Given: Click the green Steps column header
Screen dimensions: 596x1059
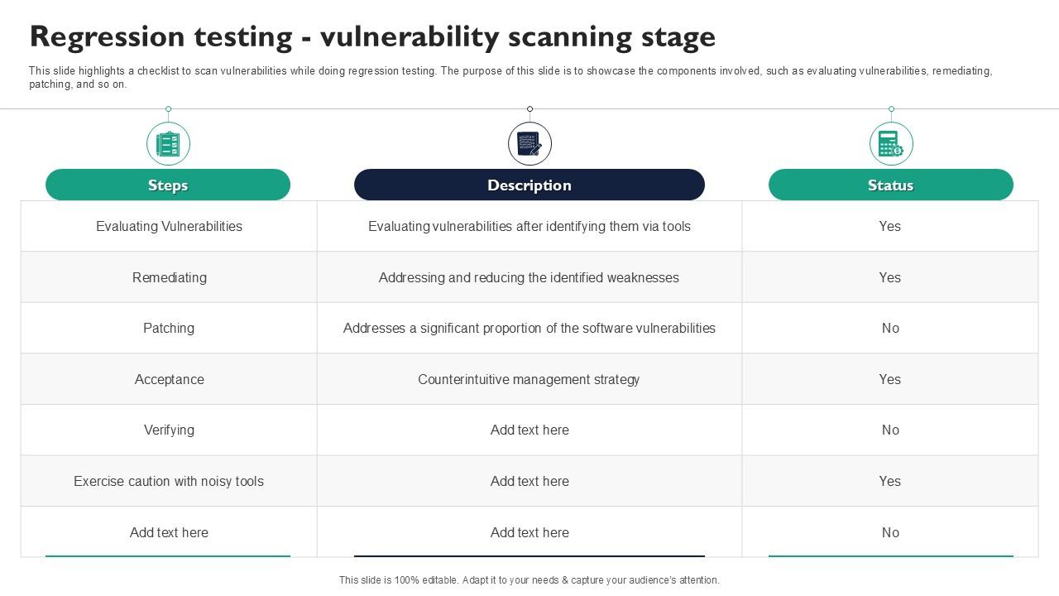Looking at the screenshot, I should coord(168,185).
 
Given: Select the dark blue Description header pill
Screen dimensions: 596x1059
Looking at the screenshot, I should coord(529,185).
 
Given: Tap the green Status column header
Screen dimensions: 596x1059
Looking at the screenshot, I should coord(890,185).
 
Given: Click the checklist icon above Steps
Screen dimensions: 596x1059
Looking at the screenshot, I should coord(168,144).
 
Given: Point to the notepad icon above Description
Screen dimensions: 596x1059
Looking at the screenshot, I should coord(529,144).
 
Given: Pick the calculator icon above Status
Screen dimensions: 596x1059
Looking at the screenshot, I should coord(890,144).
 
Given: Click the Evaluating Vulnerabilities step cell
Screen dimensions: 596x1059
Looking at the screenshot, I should coord(169,226).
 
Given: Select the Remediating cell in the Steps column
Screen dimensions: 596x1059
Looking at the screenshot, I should coord(169,277).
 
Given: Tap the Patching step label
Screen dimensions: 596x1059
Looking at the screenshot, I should coord(169,328).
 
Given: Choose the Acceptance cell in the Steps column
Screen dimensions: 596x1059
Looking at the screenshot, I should coord(169,379).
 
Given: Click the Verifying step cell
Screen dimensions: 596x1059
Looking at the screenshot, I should coord(169,430).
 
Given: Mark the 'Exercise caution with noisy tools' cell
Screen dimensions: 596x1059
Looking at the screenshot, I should coord(169,481).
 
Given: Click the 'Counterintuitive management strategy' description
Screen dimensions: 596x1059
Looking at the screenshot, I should coord(529,379).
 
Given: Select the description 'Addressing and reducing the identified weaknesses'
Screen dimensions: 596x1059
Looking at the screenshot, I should coord(529,277).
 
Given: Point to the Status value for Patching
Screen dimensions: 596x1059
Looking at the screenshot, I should coord(890,328).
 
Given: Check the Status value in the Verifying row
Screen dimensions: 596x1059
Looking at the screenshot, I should coord(890,430).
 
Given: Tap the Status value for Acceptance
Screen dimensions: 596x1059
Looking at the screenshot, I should coord(890,379).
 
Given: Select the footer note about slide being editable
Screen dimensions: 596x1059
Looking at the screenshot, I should coord(529,580).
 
